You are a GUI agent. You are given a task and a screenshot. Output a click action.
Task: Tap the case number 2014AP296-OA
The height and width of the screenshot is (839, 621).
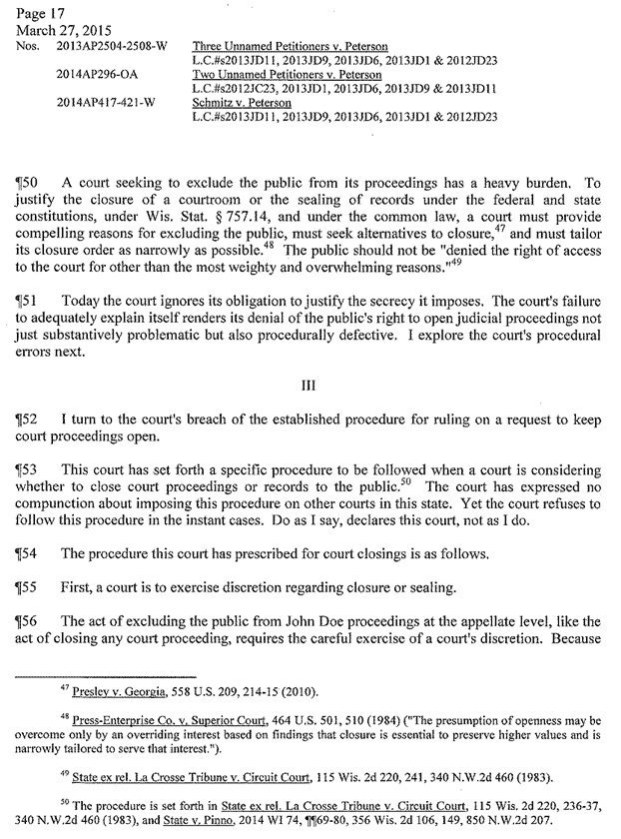100,74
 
